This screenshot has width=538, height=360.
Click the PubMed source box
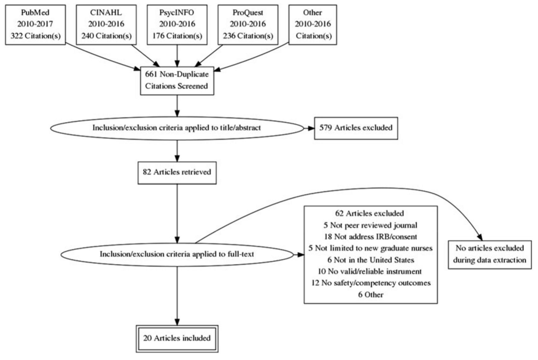pos(35,25)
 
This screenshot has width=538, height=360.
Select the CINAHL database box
pos(106,25)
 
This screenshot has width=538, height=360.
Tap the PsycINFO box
pos(177,25)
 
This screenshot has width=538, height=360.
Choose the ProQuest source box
pos(248,25)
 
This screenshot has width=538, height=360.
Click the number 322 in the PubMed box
pos(16,36)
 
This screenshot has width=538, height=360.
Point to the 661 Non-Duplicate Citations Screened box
pos(177,81)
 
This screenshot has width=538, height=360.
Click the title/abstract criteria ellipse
pos(177,128)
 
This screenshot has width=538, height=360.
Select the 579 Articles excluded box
pos(356,128)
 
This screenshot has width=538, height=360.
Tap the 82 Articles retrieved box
pos(177,172)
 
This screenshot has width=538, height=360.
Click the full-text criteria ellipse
pos(177,254)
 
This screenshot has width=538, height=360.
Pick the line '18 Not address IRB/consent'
pos(370,237)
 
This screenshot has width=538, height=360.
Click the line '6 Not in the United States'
pos(370,260)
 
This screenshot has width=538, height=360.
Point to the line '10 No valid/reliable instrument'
pos(370,272)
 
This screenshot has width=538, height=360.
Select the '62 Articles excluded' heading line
pos(369,214)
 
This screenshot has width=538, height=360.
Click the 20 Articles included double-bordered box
pos(177,339)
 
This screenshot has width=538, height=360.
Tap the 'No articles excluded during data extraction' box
pos(489,254)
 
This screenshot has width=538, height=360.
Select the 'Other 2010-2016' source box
pos(313,25)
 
